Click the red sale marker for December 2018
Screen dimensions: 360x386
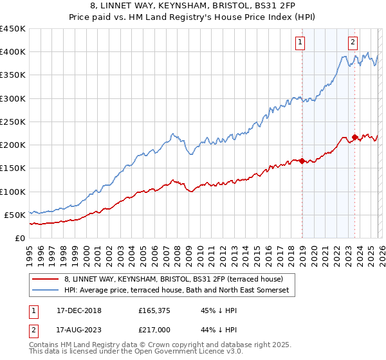coord(302,161)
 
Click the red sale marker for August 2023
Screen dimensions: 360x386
coord(354,137)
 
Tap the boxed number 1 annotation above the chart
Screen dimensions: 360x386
coord(300,43)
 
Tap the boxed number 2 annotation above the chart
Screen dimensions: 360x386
coord(353,43)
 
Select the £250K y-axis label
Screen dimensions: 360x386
coord(13,122)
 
